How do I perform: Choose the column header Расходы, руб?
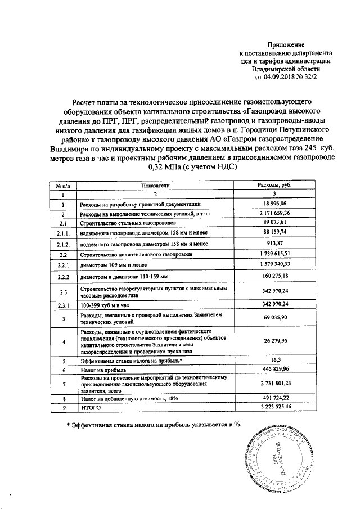click(274, 185)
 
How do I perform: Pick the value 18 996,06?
click(274, 204)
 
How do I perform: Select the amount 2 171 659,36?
click(274, 214)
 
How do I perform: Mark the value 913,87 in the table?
click(274, 244)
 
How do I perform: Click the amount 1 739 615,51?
click(274, 254)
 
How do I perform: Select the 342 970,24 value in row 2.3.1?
click(274, 304)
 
